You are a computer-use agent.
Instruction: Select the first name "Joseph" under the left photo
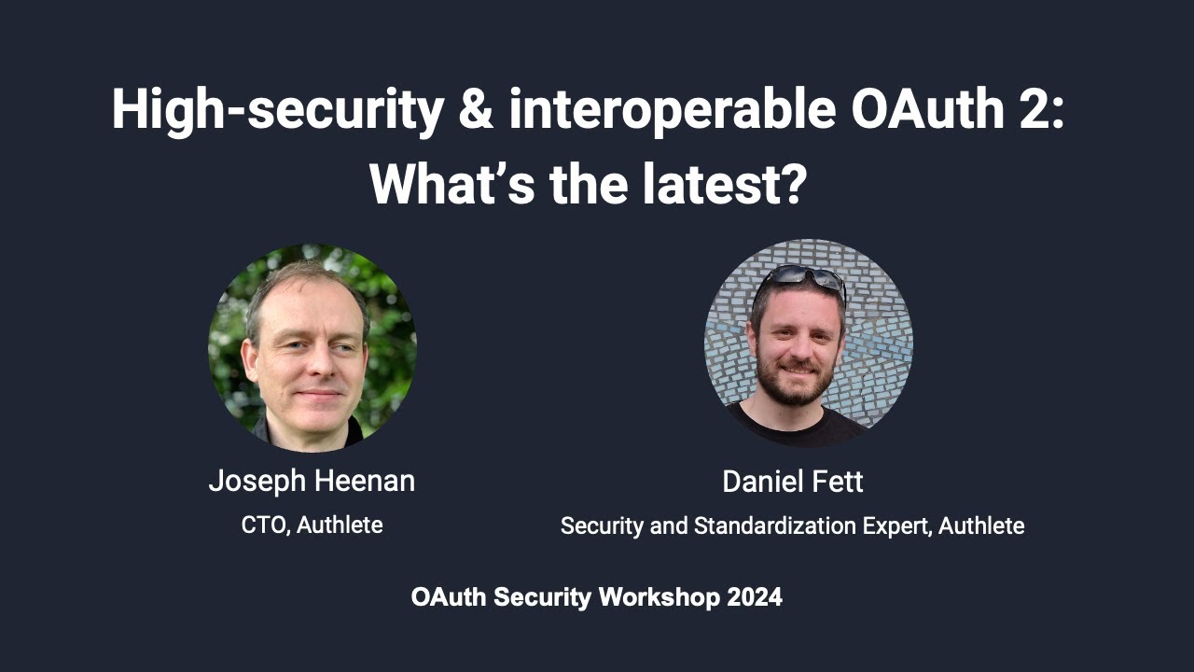[255, 482]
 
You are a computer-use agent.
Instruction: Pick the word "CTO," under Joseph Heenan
[266, 525]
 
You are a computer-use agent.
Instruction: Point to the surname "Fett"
[840, 483]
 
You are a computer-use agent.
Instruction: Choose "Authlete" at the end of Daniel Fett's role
[981, 526]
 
